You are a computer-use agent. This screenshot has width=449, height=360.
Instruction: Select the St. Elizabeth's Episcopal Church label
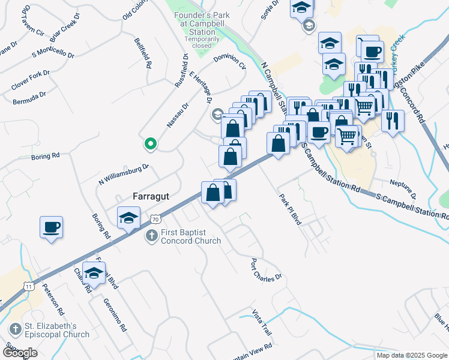coord(56,331)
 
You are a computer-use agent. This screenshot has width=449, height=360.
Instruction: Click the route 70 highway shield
coord(155,220)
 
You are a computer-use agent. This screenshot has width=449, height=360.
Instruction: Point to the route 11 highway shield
coord(29,287)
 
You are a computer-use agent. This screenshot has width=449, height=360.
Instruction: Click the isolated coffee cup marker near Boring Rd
coord(51,227)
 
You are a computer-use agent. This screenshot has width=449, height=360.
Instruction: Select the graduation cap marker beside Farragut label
coord(128,218)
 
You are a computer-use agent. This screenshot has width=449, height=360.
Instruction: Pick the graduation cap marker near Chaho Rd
coord(93,274)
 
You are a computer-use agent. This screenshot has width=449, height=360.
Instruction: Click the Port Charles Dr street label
coord(266,269)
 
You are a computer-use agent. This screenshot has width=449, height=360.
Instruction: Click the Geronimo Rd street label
coord(115,315)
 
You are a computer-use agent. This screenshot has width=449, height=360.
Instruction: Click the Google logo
coord(20,353)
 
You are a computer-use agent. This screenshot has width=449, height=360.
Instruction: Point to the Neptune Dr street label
coord(403,187)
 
